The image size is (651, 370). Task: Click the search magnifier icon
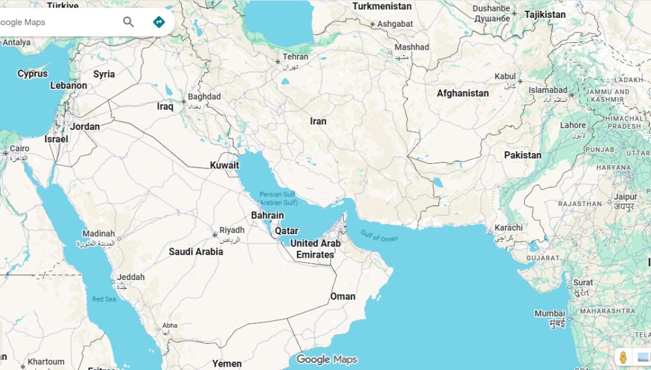click(x=128, y=22)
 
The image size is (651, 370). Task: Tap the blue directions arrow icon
click(x=159, y=22)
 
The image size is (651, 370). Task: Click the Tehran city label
click(x=295, y=57)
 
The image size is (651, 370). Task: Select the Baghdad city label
click(x=204, y=97)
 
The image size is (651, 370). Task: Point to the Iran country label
click(x=318, y=121)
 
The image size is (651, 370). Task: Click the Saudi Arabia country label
click(x=196, y=252)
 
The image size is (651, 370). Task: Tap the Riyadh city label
click(x=231, y=230)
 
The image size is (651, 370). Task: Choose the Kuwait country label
click(x=224, y=165)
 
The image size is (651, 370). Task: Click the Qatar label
click(x=286, y=231)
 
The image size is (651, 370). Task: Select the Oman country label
click(x=342, y=297)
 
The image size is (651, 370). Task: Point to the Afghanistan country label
click(x=462, y=93)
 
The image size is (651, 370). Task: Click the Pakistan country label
click(x=522, y=155)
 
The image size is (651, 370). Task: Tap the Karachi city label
click(x=508, y=228)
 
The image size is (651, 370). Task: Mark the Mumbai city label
click(x=550, y=313)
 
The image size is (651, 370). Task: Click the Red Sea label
click(x=104, y=299)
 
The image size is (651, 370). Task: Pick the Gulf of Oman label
click(x=379, y=235)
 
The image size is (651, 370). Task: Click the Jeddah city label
click(x=130, y=277)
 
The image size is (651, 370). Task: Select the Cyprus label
click(x=33, y=74)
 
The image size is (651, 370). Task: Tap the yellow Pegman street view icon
click(x=623, y=357)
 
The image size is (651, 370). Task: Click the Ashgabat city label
click(x=395, y=24)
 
